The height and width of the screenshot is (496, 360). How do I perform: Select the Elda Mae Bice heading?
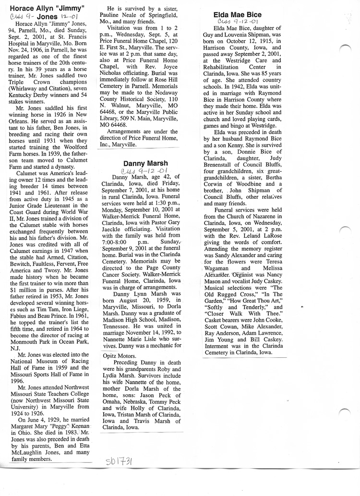pos(237,15)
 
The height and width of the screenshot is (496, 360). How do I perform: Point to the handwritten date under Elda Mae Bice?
pos(238,22)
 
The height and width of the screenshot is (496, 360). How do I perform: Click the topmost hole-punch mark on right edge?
pos(346,48)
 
